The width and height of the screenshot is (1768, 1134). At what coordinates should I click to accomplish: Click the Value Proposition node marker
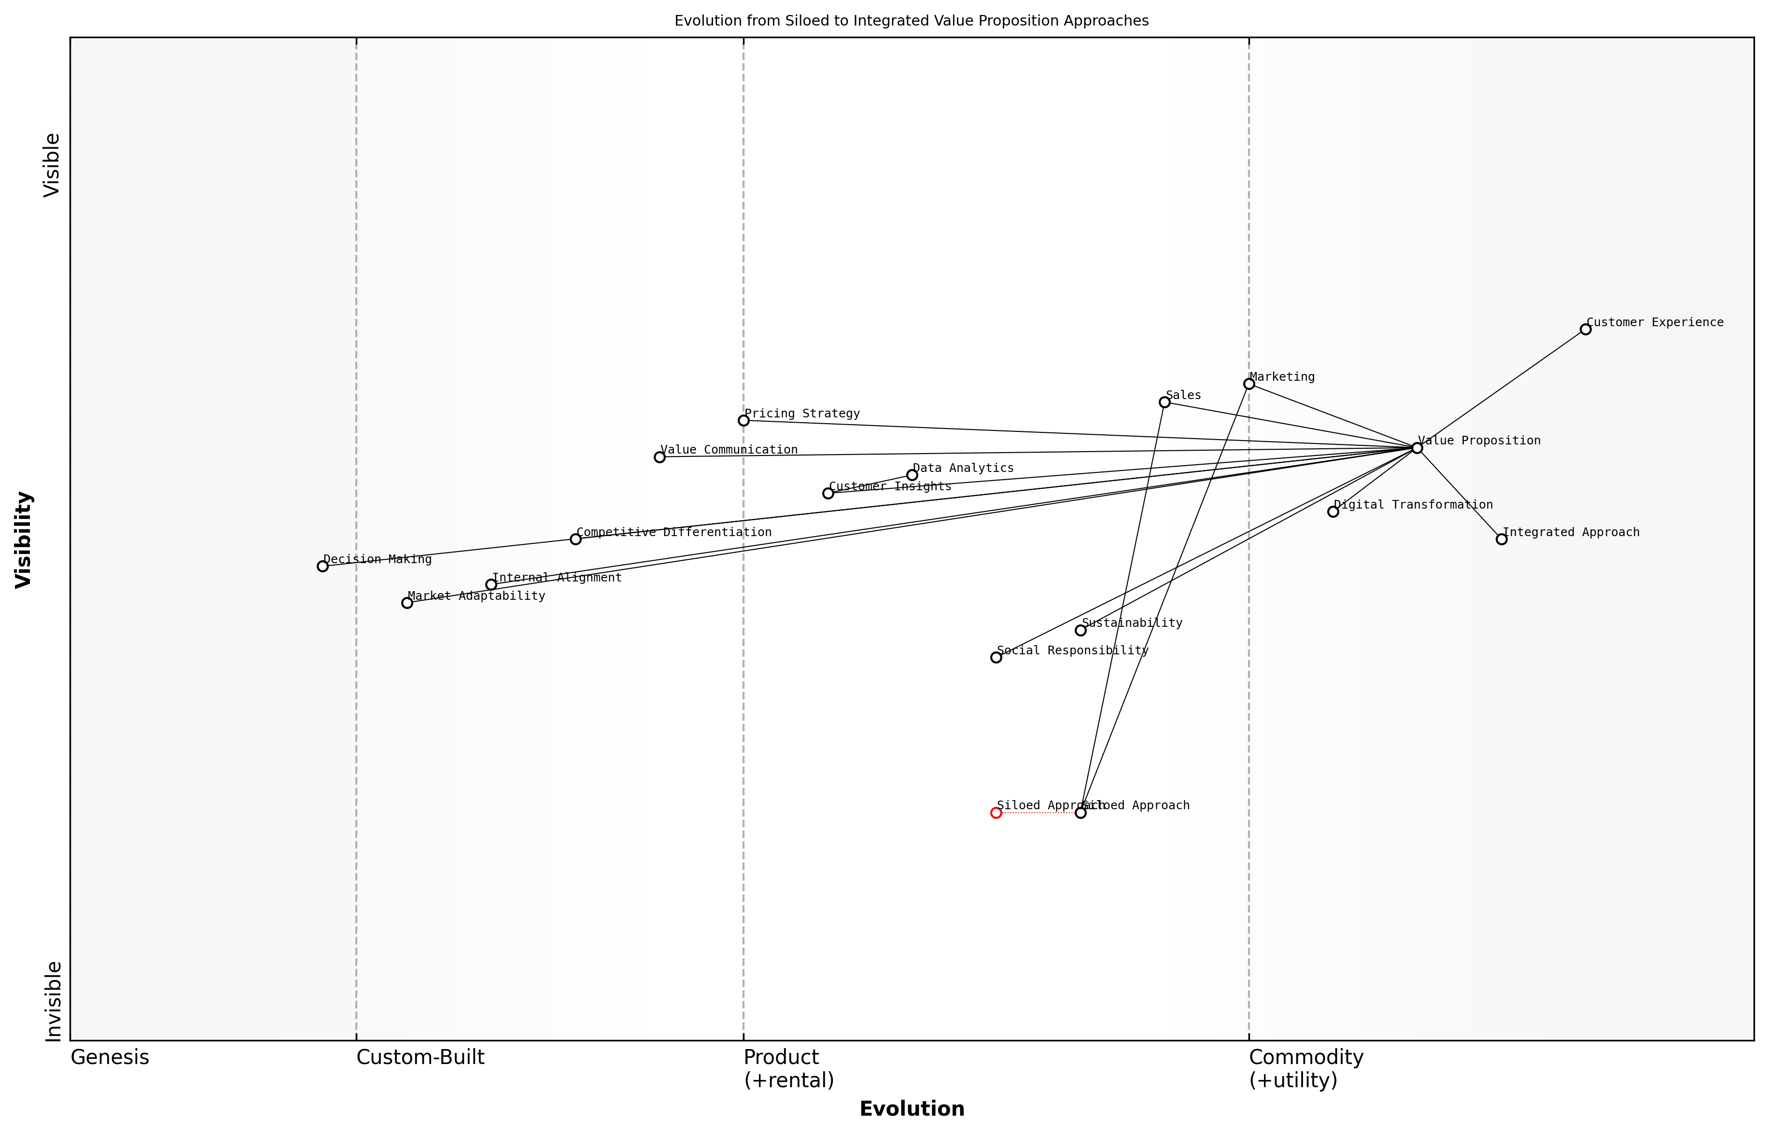pyautogui.click(x=1417, y=448)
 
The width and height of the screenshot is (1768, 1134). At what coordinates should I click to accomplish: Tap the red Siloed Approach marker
pyautogui.click(x=996, y=813)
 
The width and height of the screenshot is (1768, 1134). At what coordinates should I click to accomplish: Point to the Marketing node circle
pyautogui.click(x=1249, y=384)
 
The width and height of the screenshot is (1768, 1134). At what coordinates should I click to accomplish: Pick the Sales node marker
pyautogui.click(x=1165, y=402)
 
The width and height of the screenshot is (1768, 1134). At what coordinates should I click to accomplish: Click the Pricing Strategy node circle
pyautogui.click(x=744, y=420)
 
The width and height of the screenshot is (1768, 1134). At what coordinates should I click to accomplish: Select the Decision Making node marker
pyautogui.click(x=323, y=566)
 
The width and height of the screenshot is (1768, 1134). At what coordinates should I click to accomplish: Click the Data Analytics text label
pyautogui.click(x=963, y=469)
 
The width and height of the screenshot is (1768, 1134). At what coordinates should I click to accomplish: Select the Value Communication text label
pyautogui.click(x=729, y=450)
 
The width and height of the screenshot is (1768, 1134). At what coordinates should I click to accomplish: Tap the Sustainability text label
pyautogui.click(x=1132, y=623)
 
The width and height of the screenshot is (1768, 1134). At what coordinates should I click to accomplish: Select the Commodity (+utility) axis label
pyautogui.click(x=1305, y=1068)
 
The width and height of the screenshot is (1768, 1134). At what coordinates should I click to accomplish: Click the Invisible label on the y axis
pyautogui.click(x=53, y=1001)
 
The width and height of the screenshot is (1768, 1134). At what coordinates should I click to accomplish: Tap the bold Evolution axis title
pyautogui.click(x=911, y=1109)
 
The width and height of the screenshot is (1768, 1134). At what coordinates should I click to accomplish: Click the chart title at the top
pyautogui.click(x=911, y=21)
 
